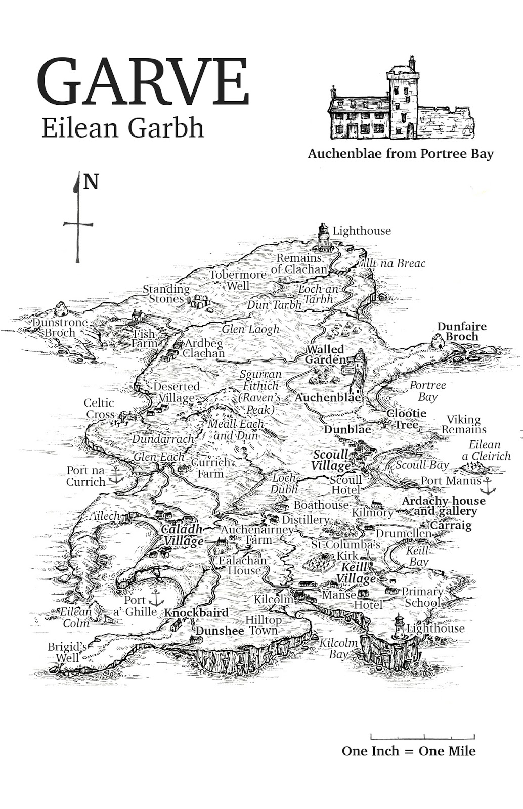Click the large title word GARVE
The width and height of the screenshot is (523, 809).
[x=143, y=82]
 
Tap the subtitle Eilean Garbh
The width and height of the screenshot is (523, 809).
[x=122, y=127]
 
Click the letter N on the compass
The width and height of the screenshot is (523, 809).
[x=91, y=182]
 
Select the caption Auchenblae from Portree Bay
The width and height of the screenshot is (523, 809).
[x=400, y=153]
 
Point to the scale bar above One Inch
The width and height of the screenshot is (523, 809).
[x=422, y=736]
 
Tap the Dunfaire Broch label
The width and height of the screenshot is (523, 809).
[x=461, y=332]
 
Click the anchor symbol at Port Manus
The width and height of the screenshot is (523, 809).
[x=488, y=486]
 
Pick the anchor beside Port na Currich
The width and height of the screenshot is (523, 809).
[x=116, y=475]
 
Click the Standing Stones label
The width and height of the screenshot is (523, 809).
[x=165, y=294]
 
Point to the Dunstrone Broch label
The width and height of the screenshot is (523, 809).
[x=60, y=327]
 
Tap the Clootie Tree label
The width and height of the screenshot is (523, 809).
[x=407, y=419]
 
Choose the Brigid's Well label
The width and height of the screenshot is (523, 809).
[x=64, y=652]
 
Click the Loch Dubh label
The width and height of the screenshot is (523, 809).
[x=284, y=484]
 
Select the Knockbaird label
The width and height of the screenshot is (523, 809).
[x=196, y=612]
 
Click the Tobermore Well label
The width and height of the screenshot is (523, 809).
[x=238, y=280]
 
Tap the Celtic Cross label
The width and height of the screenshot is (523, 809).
[x=99, y=409]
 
